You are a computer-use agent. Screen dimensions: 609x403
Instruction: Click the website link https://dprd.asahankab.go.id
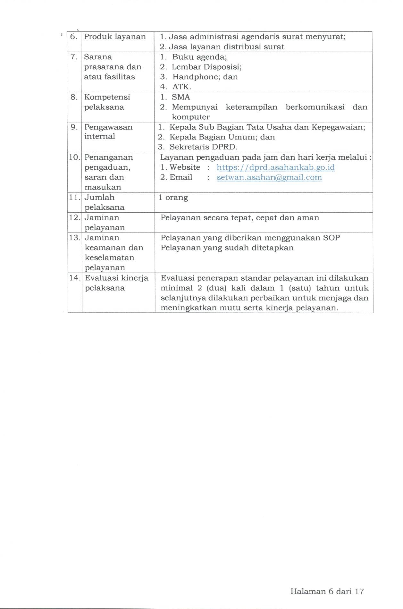point(275,167)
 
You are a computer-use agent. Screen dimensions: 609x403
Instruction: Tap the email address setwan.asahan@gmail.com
point(269,177)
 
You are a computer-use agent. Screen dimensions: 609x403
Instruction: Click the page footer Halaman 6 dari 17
point(327,591)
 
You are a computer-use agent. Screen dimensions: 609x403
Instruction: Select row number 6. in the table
point(74,37)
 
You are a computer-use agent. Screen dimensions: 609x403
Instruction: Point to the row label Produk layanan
point(115,37)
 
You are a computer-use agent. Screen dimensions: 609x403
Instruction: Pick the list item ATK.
point(181,87)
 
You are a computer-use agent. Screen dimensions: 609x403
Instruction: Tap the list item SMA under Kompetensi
point(181,97)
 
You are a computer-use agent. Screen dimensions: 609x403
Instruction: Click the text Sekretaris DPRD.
point(203,147)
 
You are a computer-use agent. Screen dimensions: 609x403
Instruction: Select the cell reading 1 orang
point(173,198)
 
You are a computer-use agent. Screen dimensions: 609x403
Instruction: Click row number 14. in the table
point(75,278)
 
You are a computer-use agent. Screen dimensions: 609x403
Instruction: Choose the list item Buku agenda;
point(199,57)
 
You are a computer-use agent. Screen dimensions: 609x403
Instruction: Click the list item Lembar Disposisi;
point(206,67)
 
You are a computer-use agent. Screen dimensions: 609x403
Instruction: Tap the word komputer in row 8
point(191,117)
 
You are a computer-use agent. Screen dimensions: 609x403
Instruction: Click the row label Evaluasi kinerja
point(116,278)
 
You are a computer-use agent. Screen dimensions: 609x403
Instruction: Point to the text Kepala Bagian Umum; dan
point(222,137)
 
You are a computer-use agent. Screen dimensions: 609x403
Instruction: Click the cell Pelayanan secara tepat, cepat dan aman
point(240,218)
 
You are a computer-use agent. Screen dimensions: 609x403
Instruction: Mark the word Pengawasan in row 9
point(108,127)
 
